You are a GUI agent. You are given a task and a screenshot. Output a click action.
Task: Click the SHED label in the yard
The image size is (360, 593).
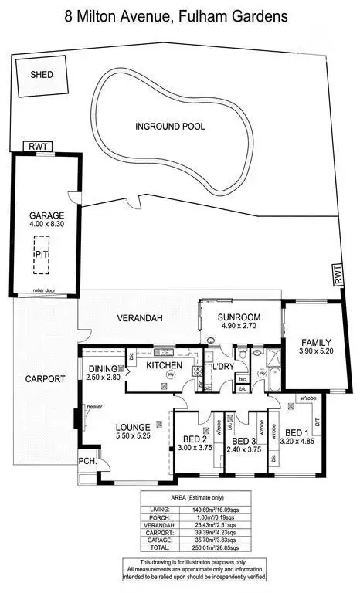(x=41, y=75)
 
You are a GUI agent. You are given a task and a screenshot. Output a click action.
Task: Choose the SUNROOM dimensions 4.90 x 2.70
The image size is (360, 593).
(x=238, y=327)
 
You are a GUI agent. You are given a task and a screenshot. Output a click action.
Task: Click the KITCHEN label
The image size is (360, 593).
(x=164, y=365)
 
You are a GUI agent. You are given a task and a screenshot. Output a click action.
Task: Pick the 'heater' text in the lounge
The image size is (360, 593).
(x=94, y=407)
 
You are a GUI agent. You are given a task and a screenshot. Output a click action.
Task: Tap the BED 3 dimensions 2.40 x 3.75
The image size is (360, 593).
(x=244, y=451)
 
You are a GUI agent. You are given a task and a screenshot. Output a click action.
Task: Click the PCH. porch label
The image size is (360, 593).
(x=87, y=463)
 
